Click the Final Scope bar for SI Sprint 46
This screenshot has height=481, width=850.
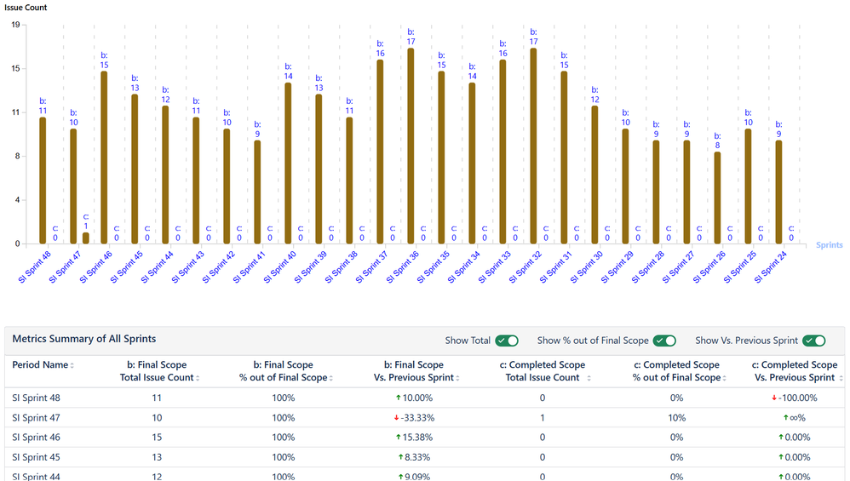[x=104, y=157]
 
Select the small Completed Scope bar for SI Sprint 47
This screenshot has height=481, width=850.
[x=85, y=238]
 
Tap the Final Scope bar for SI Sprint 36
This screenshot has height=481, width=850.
[x=411, y=146]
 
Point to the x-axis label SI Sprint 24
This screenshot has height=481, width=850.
[x=771, y=266]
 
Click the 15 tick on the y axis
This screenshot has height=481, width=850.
[x=16, y=68]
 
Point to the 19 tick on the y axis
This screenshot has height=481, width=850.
[x=16, y=25]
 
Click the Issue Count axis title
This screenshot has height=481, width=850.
[x=26, y=8]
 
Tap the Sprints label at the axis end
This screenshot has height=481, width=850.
[x=829, y=245]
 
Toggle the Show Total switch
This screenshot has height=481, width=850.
[x=508, y=341]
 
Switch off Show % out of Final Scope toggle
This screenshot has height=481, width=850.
[x=664, y=341]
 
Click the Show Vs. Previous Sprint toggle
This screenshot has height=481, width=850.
[x=814, y=341]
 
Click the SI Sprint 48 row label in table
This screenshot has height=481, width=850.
[x=36, y=398]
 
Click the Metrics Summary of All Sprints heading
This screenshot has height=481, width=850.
[x=83, y=339]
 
